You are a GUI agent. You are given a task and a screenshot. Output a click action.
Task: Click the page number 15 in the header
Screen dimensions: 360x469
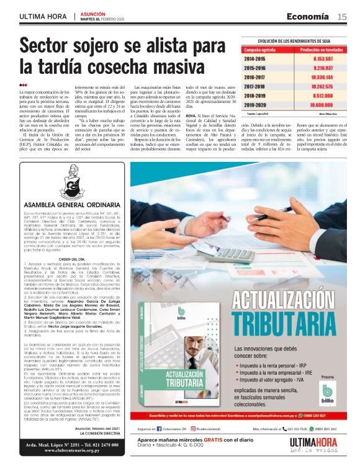pos(342,17)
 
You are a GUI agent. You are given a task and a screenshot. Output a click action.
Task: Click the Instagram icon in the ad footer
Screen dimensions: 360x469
pos(193,428)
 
